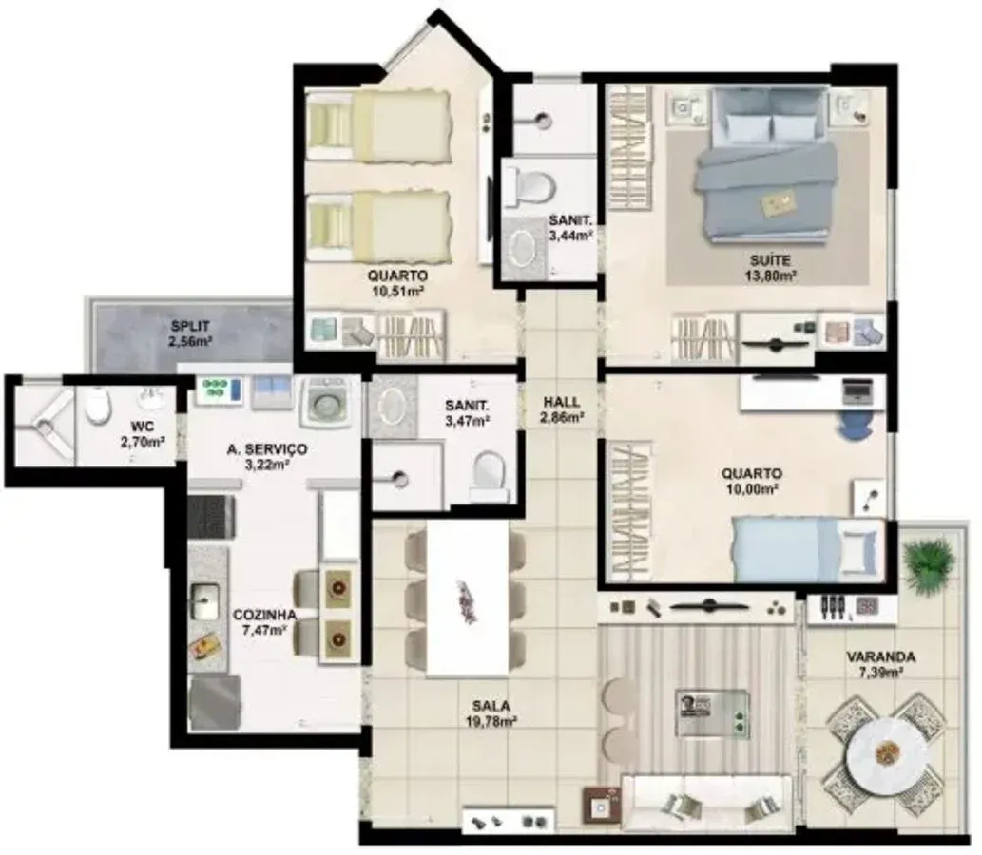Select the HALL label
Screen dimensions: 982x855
coord(561,403)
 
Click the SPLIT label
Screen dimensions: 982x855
coord(190,327)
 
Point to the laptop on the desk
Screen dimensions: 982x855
coord(856,389)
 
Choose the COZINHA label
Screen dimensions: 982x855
coord(264,616)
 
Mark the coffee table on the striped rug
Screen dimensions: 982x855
coord(712,712)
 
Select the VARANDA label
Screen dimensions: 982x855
coord(881,657)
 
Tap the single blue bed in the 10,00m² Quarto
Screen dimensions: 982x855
coord(809,549)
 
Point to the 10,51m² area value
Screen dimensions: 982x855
coord(397,289)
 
